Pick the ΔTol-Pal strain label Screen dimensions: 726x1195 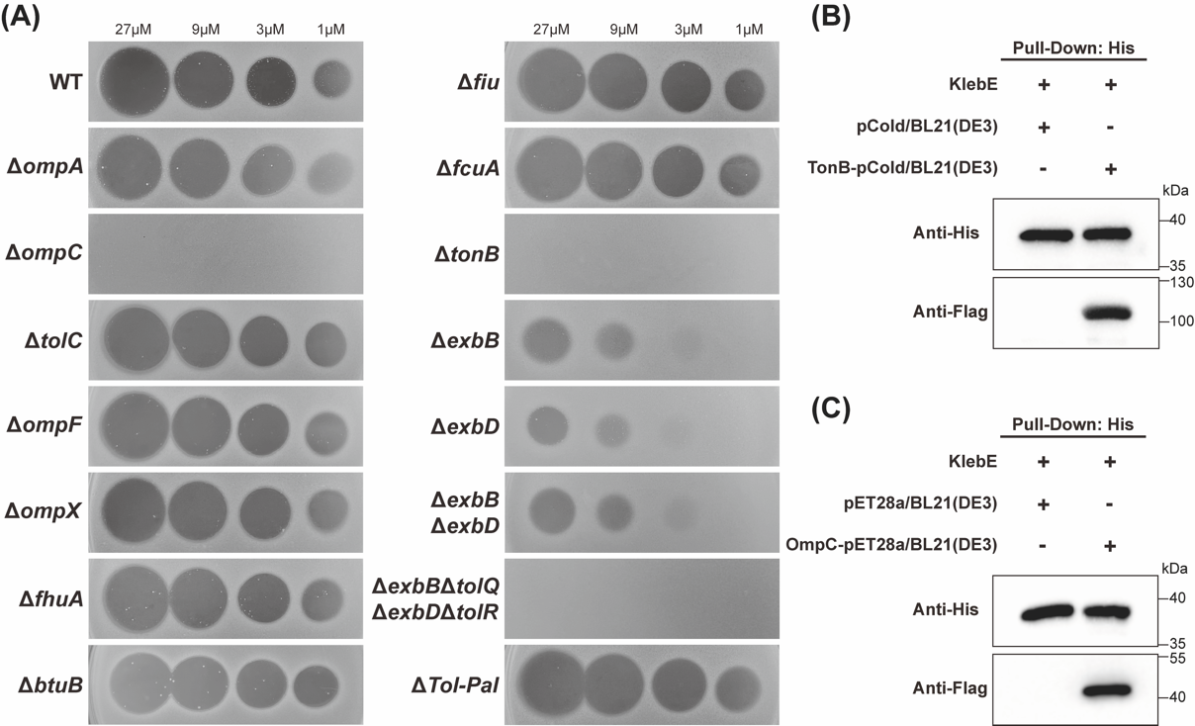[454, 684]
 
